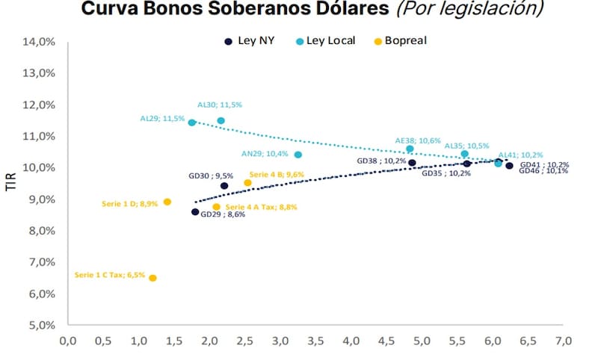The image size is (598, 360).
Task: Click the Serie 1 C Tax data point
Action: coord(152,278)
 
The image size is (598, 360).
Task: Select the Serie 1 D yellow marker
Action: coord(167,202)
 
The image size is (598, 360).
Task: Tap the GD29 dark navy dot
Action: coord(195,212)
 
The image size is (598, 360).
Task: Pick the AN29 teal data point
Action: coord(298,155)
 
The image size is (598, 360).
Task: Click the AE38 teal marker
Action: coord(410,149)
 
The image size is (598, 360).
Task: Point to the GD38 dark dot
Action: coord(412,163)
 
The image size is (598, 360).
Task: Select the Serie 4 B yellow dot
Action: coord(248,183)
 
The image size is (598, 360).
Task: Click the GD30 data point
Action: coord(224,186)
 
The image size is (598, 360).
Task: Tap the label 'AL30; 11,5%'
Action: coord(220,105)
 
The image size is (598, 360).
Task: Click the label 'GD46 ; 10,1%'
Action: coord(544,171)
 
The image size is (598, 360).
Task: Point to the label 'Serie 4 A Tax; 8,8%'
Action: coord(261,207)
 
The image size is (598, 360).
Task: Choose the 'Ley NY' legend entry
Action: coord(250,41)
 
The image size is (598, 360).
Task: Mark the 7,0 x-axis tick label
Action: coord(563,341)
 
